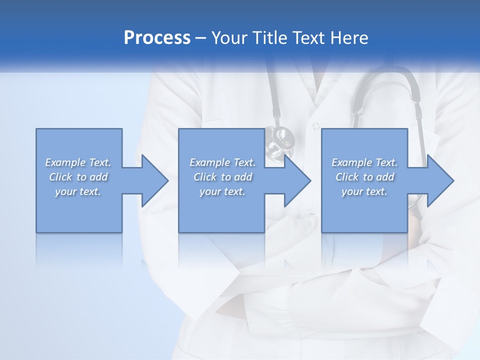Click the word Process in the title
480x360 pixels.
click(x=157, y=38)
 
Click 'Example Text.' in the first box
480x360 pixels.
click(x=78, y=162)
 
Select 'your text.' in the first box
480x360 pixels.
click(x=78, y=191)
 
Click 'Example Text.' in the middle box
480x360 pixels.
click(x=222, y=162)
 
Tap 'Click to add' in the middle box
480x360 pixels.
click(x=222, y=177)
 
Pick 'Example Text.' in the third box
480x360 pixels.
click(x=364, y=162)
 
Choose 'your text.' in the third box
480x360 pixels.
click(x=364, y=191)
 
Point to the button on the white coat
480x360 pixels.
click(x=315, y=125)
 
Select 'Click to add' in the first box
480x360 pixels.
click(x=78, y=177)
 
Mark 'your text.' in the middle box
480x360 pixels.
click(x=222, y=191)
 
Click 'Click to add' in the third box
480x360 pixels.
click(x=364, y=177)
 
